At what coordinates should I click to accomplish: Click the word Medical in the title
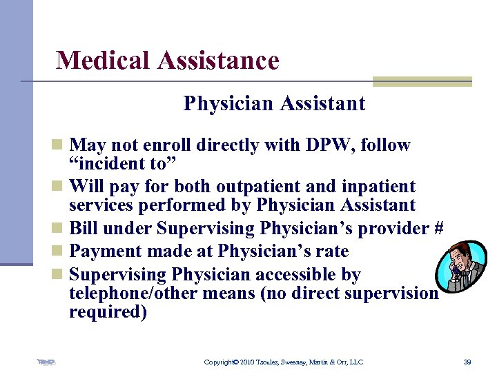104,61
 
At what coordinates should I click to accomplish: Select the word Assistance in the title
218,61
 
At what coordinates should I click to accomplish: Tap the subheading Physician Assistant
274,104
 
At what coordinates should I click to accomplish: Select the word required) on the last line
108,312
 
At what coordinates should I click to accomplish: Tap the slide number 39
467,362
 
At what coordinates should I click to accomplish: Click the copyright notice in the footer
283,362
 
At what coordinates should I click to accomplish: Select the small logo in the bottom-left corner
47,361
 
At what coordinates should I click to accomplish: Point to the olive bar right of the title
422,81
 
